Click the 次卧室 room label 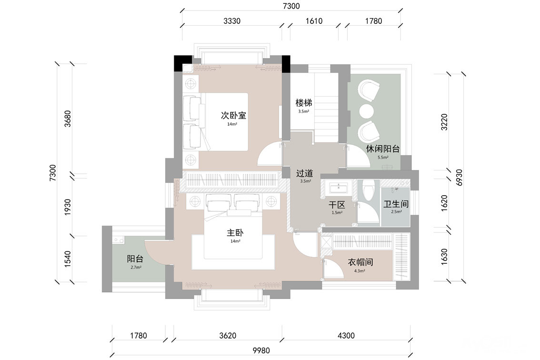pyautogui.click(x=233, y=115)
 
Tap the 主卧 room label pyautogui.click(x=235, y=233)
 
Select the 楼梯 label pyautogui.click(x=304, y=103)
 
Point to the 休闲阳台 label pyautogui.click(x=382, y=149)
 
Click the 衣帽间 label pyautogui.click(x=360, y=262)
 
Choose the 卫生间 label pyautogui.click(x=396, y=204)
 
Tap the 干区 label pyautogui.click(x=337, y=205)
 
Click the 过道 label pyautogui.click(x=305, y=173)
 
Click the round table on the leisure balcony pyautogui.click(x=367, y=110)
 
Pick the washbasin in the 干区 pyautogui.click(x=339, y=187)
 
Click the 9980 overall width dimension pyautogui.click(x=261, y=350)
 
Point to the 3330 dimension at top pyautogui.click(x=232, y=21)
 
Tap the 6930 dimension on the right pyautogui.click(x=459, y=178)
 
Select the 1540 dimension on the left pyautogui.click(x=68, y=259)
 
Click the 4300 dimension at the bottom pyautogui.click(x=346, y=336)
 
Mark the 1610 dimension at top pyautogui.click(x=314, y=21)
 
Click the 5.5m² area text pyautogui.click(x=383, y=158)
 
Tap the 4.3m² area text pyautogui.click(x=360, y=271)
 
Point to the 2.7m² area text pyautogui.click(x=136, y=267)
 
